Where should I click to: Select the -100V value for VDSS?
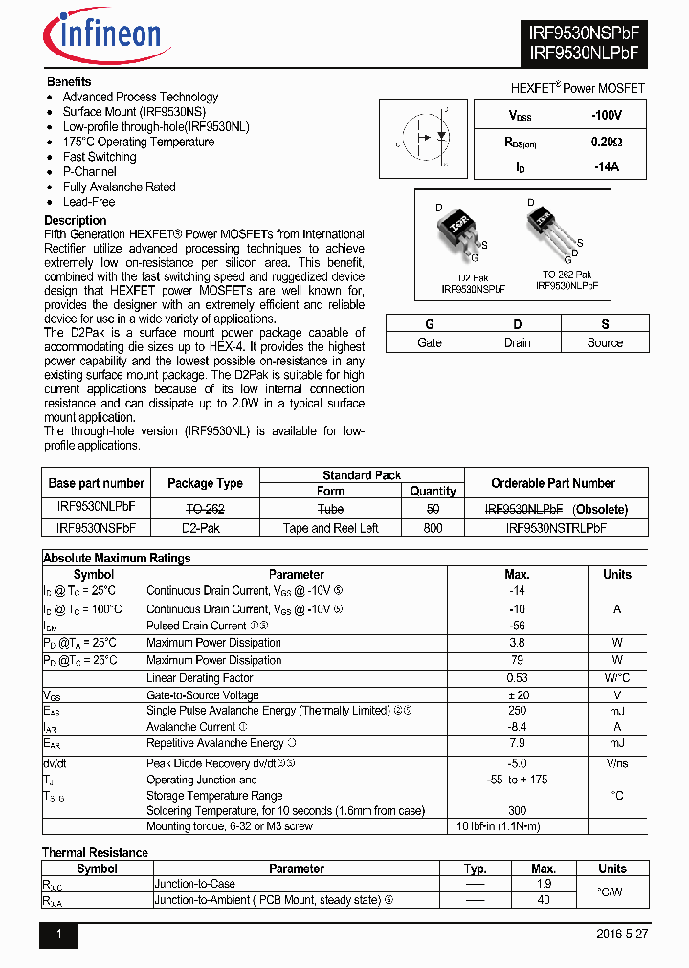pyautogui.click(x=606, y=115)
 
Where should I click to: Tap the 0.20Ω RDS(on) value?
pyautogui.click(x=606, y=141)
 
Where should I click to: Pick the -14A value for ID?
pyautogui.click(x=606, y=166)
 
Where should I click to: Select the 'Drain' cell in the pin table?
pyautogui.click(x=517, y=342)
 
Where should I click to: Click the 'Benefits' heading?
pyautogui.click(x=69, y=82)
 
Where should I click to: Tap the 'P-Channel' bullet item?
pyautogui.click(x=90, y=172)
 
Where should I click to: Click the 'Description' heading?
pyautogui.click(x=76, y=220)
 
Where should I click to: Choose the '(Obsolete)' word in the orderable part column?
pyautogui.click(x=600, y=509)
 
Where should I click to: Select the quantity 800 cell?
pyautogui.click(x=433, y=527)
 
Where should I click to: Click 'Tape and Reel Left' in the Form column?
pyautogui.click(x=330, y=527)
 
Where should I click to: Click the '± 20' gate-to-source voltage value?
pyautogui.click(x=517, y=695)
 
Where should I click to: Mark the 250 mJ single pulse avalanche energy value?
pyautogui.click(x=517, y=711)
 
